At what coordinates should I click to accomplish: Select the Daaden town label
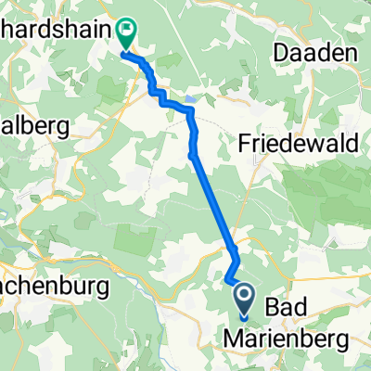coord(316,56)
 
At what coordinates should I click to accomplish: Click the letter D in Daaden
coord(283,56)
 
